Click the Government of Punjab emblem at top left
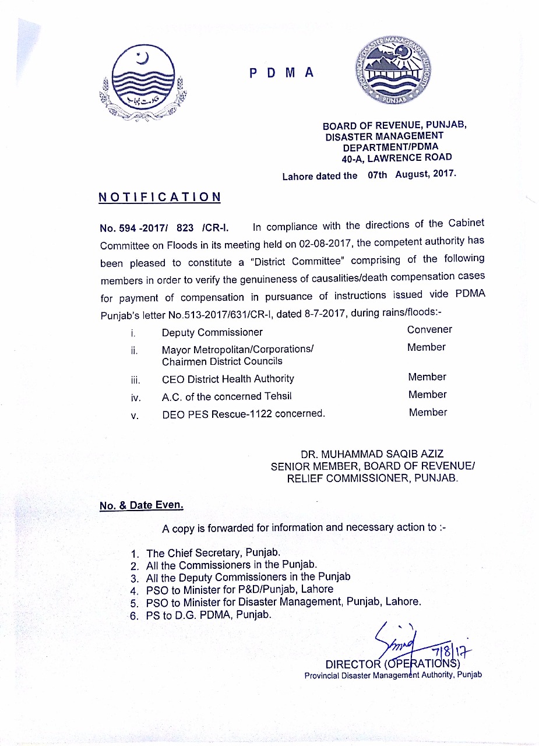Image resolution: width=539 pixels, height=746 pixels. (143, 83)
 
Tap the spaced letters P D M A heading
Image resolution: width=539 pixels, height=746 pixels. (282, 73)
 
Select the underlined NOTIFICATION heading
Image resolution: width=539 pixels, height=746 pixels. (160, 197)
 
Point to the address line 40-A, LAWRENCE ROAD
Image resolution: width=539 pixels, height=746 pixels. (397, 157)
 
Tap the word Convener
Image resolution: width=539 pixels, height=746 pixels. (429, 329)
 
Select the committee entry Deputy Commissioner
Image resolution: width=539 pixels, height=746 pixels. (212, 332)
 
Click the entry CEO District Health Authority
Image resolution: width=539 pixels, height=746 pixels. (228, 379)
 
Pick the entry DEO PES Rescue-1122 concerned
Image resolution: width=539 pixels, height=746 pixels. (243, 414)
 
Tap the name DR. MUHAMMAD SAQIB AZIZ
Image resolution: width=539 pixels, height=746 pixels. (376, 454)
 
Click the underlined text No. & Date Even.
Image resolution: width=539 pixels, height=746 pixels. (142, 505)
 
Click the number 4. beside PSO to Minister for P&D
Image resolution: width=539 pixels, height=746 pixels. (133, 589)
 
